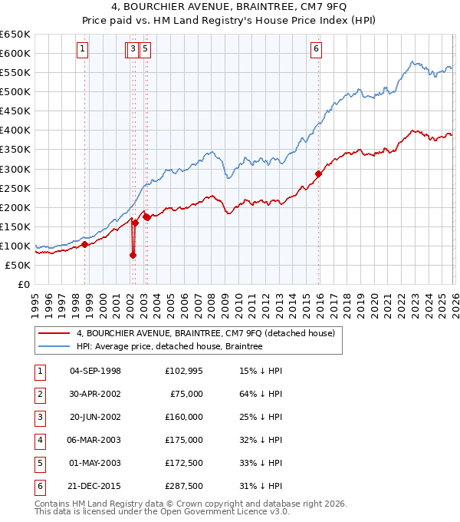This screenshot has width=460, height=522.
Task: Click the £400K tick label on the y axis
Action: pos(15,130)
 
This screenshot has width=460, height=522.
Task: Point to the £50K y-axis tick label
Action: pos(18,265)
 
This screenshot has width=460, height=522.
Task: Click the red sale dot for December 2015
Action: pos(318,173)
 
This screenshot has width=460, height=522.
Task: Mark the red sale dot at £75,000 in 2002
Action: pos(133,256)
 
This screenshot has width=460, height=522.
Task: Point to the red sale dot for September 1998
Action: pos(85,244)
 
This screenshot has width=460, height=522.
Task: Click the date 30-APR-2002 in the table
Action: pos(95,394)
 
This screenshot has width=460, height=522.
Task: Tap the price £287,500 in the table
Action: pos(184,486)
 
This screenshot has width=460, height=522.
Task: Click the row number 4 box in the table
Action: pos(39,440)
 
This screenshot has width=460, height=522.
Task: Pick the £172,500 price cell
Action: pos(184,463)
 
